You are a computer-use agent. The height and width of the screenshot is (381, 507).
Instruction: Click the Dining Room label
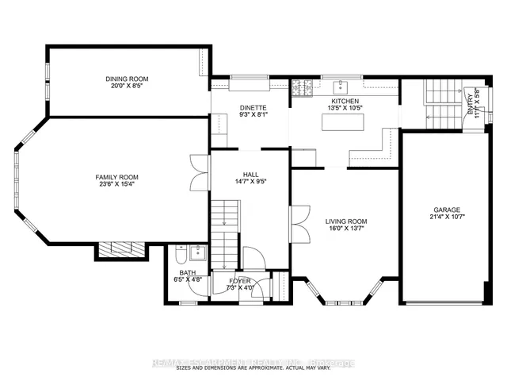pyautogui.click(x=128, y=79)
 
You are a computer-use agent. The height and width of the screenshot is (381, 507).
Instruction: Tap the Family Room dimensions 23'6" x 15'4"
pyautogui.click(x=117, y=185)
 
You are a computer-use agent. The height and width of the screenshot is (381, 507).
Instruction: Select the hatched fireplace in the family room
pyautogui.click(x=122, y=251)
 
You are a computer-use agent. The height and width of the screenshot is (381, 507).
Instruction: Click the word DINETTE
pyautogui.click(x=253, y=107)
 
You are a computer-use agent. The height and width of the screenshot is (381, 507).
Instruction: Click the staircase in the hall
pyautogui.click(x=225, y=230)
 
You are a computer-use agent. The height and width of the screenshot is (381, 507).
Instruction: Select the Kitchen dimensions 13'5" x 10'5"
pyautogui.click(x=346, y=109)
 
